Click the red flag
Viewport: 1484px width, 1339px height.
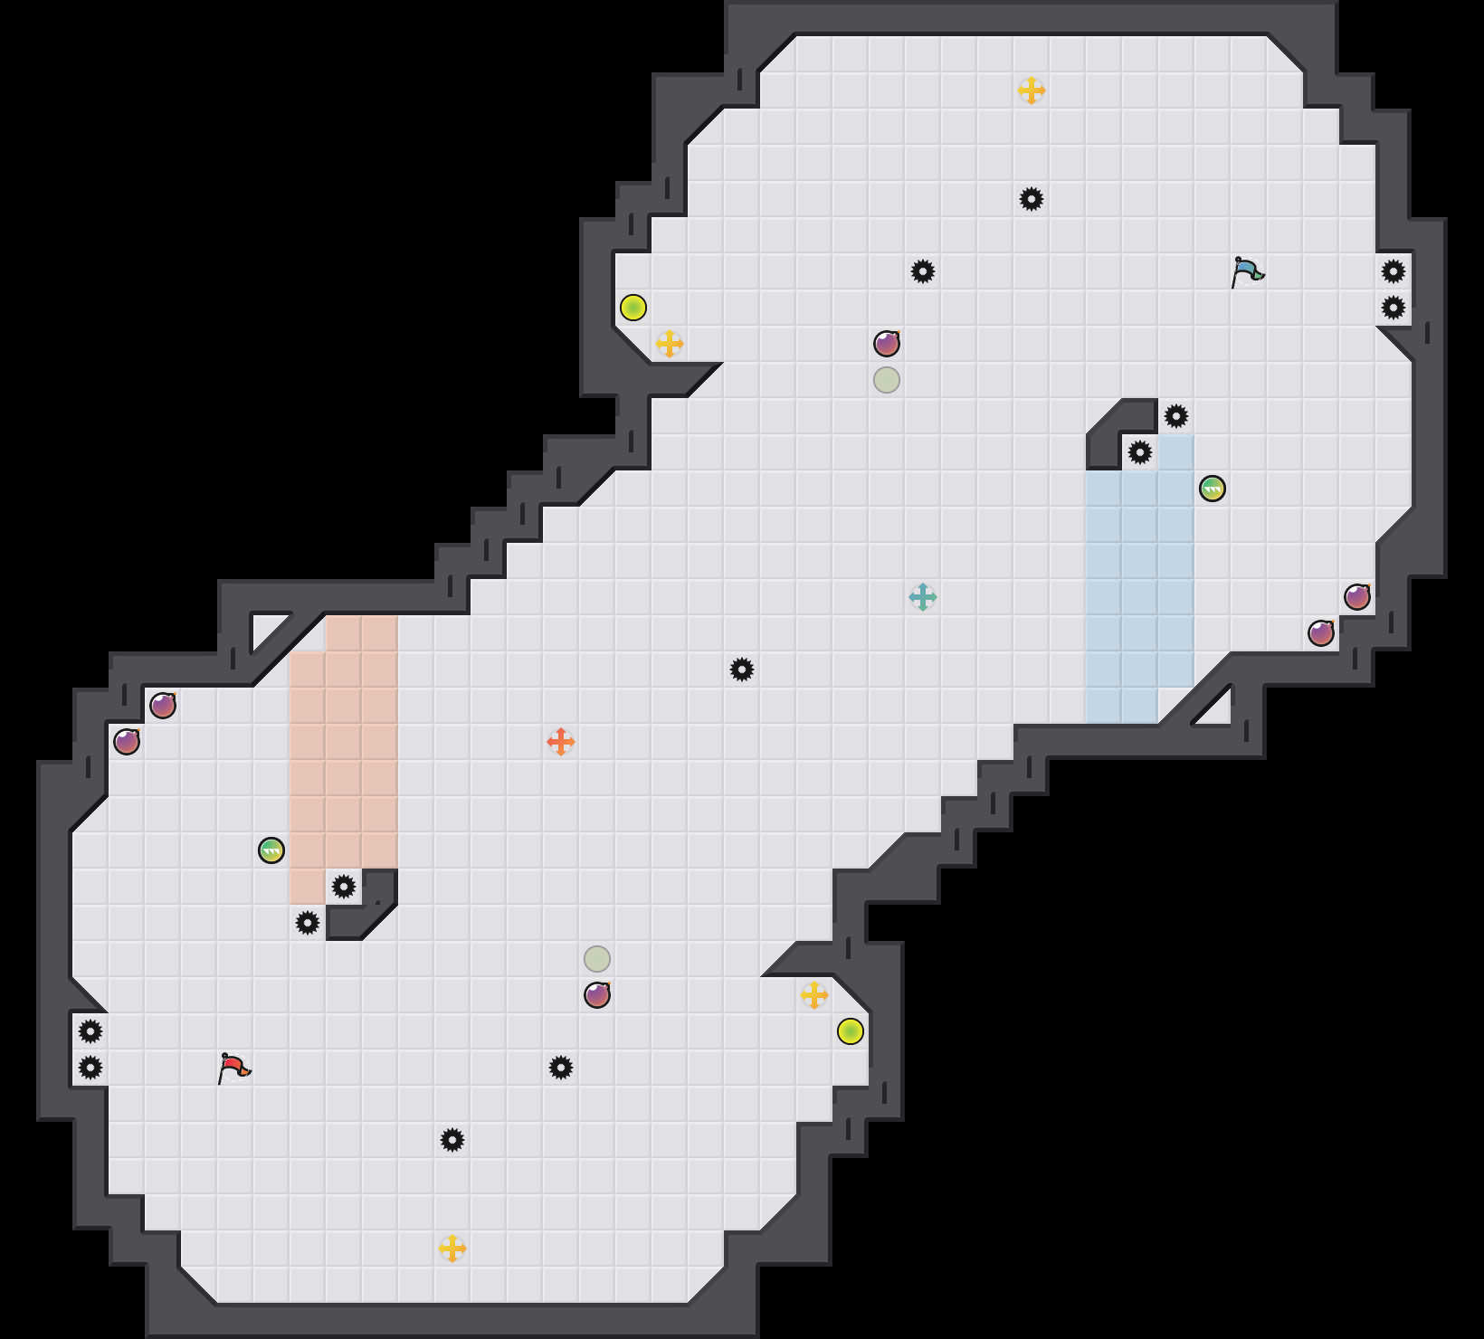click(233, 1068)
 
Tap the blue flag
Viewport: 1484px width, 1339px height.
click(1247, 271)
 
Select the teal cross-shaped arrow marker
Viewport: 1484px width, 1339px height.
click(923, 597)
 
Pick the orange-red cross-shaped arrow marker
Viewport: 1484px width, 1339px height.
click(561, 742)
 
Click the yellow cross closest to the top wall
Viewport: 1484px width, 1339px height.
click(1032, 90)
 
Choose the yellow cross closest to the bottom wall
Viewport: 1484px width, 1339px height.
click(452, 1249)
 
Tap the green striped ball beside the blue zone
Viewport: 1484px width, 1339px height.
click(1213, 489)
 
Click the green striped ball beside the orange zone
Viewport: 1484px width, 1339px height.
click(271, 850)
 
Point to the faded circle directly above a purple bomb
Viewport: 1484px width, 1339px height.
click(597, 959)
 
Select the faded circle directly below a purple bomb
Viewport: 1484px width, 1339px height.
click(887, 380)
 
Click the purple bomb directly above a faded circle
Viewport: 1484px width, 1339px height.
click(887, 344)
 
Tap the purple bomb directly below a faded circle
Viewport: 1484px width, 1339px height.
click(597, 995)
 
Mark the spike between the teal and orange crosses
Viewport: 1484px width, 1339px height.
click(742, 669)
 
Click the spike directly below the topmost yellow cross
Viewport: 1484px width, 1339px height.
click(1032, 199)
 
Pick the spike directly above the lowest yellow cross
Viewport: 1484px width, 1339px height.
click(452, 1140)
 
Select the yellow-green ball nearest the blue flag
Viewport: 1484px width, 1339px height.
click(633, 308)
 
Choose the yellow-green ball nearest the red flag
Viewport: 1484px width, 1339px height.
click(851, 1031)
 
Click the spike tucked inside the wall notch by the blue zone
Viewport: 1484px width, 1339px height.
click(1140, 452)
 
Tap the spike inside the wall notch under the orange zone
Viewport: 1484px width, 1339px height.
click(344, 887)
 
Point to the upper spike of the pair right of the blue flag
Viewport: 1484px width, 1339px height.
click(1394, 271)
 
